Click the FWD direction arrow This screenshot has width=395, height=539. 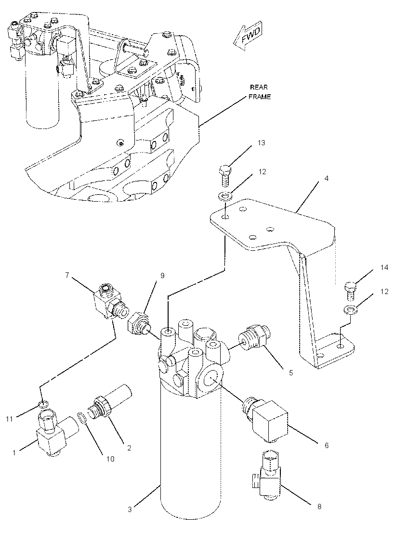(248, 38)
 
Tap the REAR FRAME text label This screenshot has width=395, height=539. (260, 92)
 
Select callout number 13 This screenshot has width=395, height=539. (261, 143)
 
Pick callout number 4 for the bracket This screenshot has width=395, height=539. (327, 179)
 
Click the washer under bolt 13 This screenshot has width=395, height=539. (225, 197)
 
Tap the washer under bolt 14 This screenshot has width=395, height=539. (350, 310)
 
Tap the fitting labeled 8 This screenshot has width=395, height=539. (267, 476)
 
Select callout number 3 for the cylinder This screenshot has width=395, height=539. (130, 509)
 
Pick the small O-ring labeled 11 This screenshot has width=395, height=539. (44, 402)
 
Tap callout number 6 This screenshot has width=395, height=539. (326, 446)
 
